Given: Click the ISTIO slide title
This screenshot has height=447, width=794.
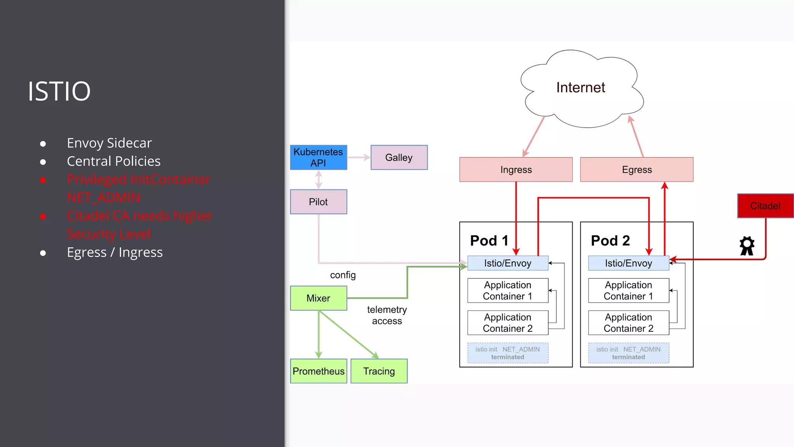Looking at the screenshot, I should click(59, 91).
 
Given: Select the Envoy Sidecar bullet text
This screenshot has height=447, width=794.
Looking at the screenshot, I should click(109, 143).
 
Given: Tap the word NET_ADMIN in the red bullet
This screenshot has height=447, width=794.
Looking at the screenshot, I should click(104, 198).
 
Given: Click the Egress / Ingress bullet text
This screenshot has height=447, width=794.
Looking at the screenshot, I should click(114, 253).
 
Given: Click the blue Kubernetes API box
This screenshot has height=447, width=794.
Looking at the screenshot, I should click(318, 158).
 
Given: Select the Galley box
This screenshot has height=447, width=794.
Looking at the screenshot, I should click(399, 158).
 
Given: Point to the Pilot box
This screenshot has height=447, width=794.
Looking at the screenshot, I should click(318, 202).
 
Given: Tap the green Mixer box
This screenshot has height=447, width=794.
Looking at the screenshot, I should click(318, 298).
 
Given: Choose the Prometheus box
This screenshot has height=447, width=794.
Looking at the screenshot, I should click(318, 371).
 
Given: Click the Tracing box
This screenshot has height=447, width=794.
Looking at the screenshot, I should click(379, 371).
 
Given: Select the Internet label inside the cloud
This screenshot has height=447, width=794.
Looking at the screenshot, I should click(580, 88).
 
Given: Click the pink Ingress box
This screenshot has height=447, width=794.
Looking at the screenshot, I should click(516, 170).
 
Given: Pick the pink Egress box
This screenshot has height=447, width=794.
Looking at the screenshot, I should click(637, 170).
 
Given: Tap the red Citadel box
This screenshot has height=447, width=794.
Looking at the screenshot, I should click(765, 206).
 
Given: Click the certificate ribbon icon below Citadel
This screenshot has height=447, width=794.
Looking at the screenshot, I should click(747, 246).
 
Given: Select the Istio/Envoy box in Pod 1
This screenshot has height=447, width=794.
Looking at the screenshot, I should click(507, 263).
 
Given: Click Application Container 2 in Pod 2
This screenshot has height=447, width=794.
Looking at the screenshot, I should click(628, 323).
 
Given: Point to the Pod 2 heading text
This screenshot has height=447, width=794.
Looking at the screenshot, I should click(610, 241).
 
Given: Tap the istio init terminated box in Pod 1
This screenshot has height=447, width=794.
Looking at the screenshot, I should click(507, 353).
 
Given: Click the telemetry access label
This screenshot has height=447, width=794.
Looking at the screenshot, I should click(387, 315).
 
